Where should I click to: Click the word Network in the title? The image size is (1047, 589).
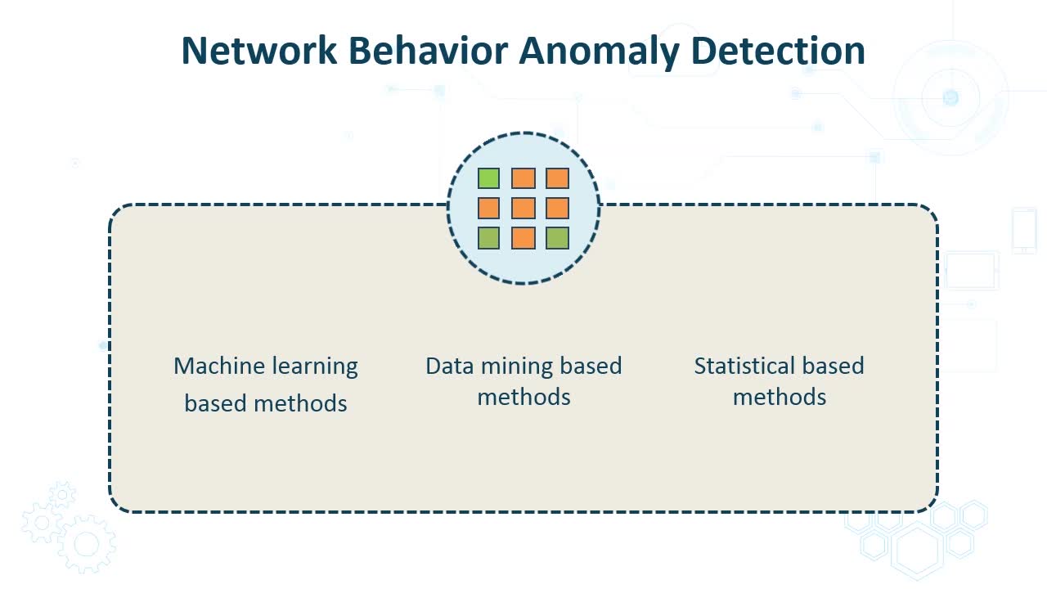tap(258, 51)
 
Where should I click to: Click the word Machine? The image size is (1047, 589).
tap(215, 366)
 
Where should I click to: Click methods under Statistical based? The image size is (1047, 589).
tap(780, 397)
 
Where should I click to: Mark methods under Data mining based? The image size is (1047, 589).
tap(523, 397)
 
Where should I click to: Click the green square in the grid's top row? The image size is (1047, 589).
tap(489, 178)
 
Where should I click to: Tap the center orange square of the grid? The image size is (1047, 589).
tap(523, 208)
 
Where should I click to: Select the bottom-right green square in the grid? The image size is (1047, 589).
tap(558, 238)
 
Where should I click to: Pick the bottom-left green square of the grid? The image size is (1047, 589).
tap(489, 238)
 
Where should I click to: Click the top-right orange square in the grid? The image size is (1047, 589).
tap(558, 178)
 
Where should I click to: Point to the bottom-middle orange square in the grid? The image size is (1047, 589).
tap(523, 238)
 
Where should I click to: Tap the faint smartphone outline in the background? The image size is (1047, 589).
tap(1024, 230)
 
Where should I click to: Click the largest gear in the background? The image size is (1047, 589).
tap(86, 544)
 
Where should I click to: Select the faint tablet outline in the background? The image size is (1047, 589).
tap(972, 270)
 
